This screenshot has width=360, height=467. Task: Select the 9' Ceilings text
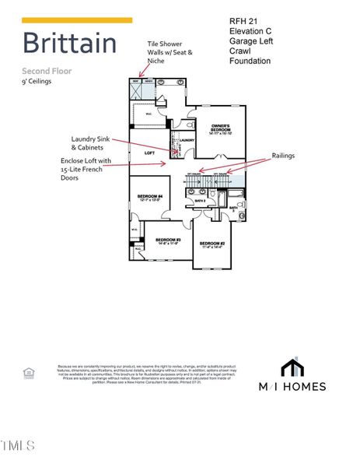[x=37, y=80]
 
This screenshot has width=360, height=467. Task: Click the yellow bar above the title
[x=77, y=19]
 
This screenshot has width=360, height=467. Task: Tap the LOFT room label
[x=150, y=153]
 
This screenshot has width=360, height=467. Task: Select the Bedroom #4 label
[x=149, y=198]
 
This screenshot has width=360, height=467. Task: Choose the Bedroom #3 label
[x=168, y=241]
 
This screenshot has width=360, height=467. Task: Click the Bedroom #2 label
[x=211, y=244]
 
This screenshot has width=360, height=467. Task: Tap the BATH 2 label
[x=199, y=201]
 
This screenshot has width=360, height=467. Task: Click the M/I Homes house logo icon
[x=292, y=367]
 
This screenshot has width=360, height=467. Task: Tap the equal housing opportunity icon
[x=30, y=374]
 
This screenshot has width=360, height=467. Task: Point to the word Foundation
[x=250, y=61]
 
